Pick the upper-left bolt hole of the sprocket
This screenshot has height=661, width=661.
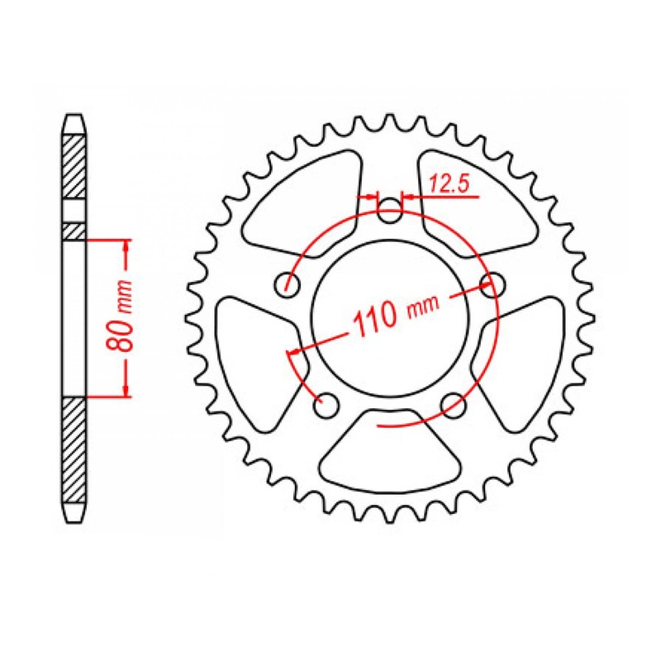[288, 286]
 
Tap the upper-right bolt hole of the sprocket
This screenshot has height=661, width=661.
[493, 286]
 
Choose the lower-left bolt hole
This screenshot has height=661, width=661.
[327, 406]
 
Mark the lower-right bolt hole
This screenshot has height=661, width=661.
[453, 404]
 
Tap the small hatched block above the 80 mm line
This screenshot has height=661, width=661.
[74, 231]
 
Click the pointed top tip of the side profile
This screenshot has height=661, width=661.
[74, 115]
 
